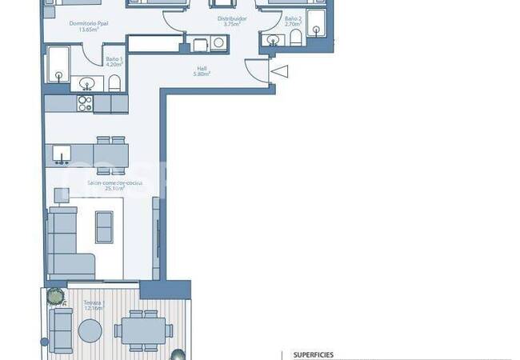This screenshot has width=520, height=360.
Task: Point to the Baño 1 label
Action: [115, 60]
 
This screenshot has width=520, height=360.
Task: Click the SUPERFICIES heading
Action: [314, 354]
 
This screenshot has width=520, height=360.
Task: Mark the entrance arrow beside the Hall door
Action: [279, 72]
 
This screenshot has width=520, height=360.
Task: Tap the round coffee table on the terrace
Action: [90, 330]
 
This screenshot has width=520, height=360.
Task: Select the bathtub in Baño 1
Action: [58, 64]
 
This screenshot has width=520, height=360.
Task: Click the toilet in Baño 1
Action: [114, 82]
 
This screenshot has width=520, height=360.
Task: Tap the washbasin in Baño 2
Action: [274, 41]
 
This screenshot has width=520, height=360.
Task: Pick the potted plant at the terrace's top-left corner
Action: [54, 296]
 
